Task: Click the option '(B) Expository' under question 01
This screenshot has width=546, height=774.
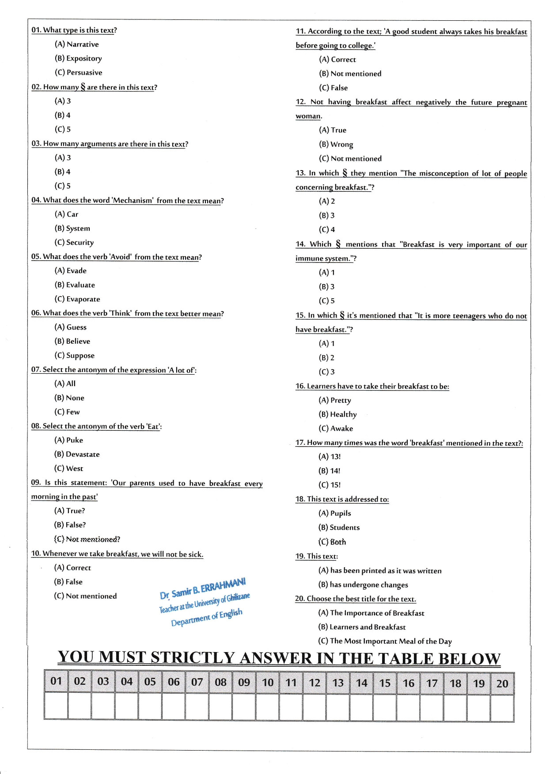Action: coord(78,58)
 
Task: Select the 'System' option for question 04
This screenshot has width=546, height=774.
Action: coord(72,228)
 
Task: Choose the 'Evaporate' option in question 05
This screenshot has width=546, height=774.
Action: coord(77,299)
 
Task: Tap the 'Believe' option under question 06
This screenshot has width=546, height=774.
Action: coord(72,341)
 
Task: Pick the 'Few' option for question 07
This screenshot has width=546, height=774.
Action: coord(67,412)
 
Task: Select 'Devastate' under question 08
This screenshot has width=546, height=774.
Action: coord(77,455)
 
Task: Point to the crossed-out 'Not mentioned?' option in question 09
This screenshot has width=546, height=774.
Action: coord(87,539)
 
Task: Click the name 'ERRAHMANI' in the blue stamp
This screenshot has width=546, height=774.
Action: coord(223,586)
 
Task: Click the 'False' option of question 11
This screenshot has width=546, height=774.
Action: coord(334,88)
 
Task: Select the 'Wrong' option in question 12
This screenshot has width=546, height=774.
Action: coord(336,144)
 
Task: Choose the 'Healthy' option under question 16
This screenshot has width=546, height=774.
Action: coord(337,414)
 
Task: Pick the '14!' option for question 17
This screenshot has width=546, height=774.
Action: coord(330,471)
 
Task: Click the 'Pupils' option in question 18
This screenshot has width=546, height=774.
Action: coord(335,513)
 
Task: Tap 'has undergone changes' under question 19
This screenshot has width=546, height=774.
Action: coord(363,585)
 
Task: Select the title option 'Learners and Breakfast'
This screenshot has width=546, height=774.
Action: coord(362,627)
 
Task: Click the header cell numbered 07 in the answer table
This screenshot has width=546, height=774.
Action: coord(197,682)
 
